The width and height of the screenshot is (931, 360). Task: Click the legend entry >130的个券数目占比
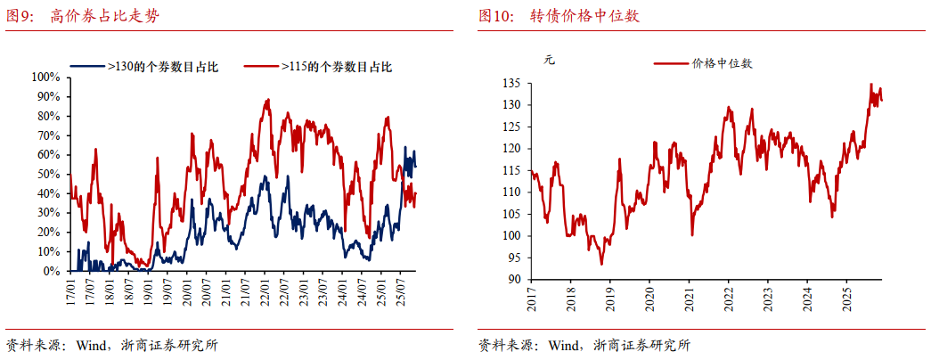point(162,66)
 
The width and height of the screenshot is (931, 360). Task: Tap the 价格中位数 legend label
point(721,63)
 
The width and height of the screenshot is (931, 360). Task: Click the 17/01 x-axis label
point(70,291)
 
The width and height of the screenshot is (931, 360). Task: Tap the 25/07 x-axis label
point(402,291)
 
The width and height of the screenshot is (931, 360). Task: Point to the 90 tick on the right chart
point(513,279)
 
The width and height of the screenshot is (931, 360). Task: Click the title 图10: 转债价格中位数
point(559,16)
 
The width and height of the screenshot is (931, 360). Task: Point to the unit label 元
point(549,61)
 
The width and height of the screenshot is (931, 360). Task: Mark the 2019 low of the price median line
point(602,264)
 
